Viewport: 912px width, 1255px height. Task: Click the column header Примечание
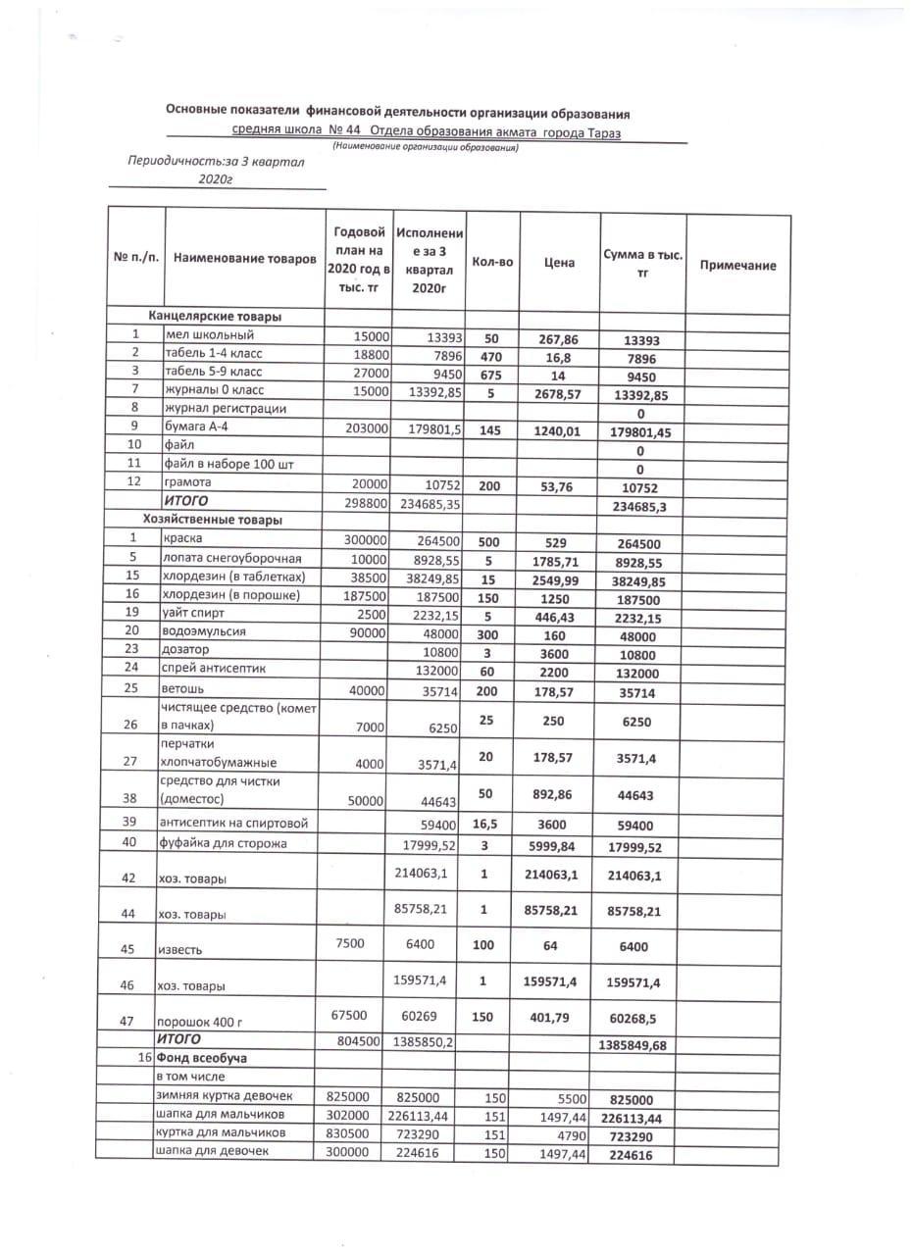pyautogui.click(x=737, y=266)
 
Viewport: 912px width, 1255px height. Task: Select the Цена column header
pyautogui.click(x=559, y=263)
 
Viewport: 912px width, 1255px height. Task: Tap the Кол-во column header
pyautogui.click(x=492, y=263)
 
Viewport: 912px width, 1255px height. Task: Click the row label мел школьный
pyautogui.click(x=210, y=336)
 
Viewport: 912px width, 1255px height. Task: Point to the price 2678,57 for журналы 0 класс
pyautogui.click(x=559, y=392)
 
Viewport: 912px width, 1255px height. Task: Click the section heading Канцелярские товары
pyautogui.click(x=215, y=317)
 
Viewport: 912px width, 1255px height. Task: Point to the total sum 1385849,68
pyautogui.click(x=632, y=1045)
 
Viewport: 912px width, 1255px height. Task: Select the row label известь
pyautogui.click(x=180, y=950)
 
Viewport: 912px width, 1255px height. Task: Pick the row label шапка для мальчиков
pyautogui.click(x=221, y=1115)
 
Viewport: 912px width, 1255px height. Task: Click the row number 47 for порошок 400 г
pyautogui.click(x=127, y=1021)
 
